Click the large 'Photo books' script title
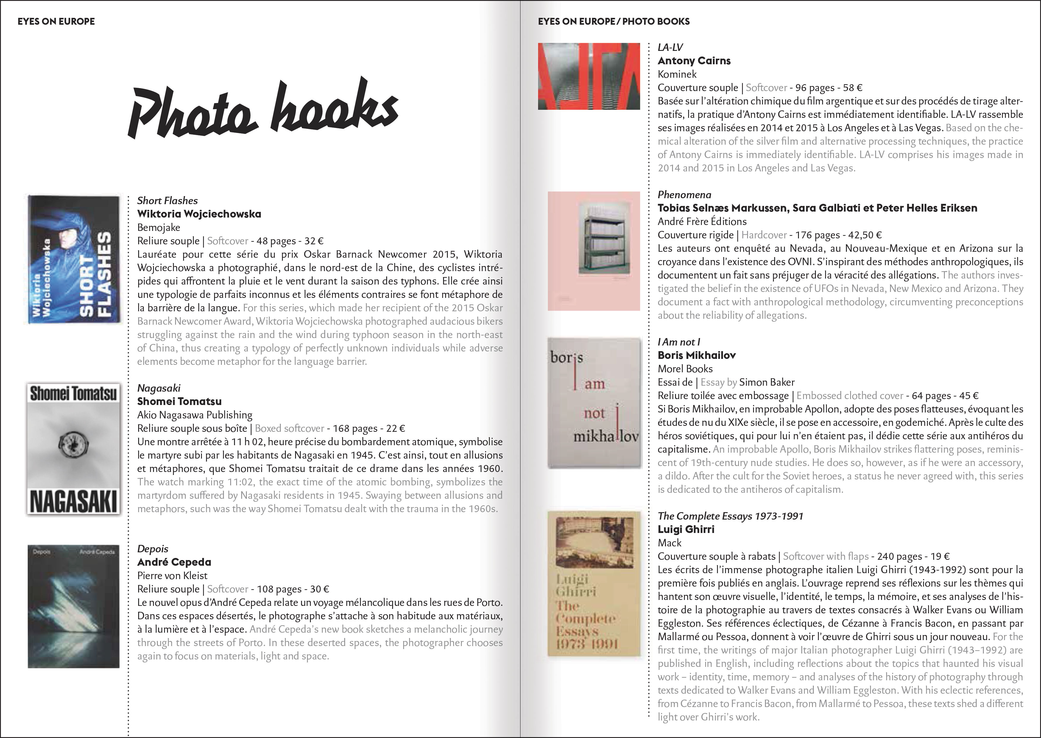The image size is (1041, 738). point(264,109)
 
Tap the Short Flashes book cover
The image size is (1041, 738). point(74,259)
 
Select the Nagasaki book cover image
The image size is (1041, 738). point(74,449)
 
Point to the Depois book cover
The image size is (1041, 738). point(74,606)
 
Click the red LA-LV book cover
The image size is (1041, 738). point(589,76)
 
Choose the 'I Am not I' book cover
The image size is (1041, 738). point(594,403)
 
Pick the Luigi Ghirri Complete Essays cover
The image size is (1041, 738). point(594,584)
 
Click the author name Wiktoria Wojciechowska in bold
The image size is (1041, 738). point(199,214)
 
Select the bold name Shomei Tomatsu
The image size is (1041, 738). point(180,401)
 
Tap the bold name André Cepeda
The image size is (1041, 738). point(174,562)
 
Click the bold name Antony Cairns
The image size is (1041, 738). point(694,61)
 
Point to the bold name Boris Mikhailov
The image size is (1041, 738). point(696,355)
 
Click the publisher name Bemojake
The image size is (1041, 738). point(159,228)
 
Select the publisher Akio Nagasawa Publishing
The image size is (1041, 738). point(194,415)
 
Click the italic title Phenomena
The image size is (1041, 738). point(684,195)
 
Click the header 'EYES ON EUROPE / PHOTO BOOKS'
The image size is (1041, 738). point(614,21)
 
